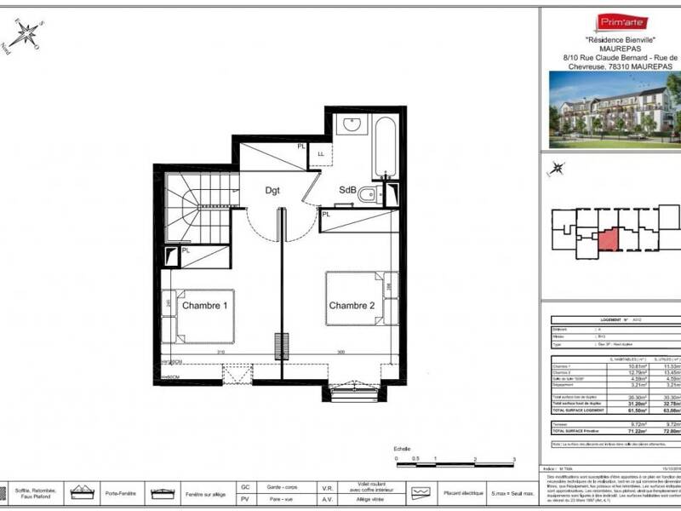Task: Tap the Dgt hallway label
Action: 273,191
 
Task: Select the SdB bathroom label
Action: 347,189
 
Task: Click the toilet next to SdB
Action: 366,195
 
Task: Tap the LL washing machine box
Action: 321,153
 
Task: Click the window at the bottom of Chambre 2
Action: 352,391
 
